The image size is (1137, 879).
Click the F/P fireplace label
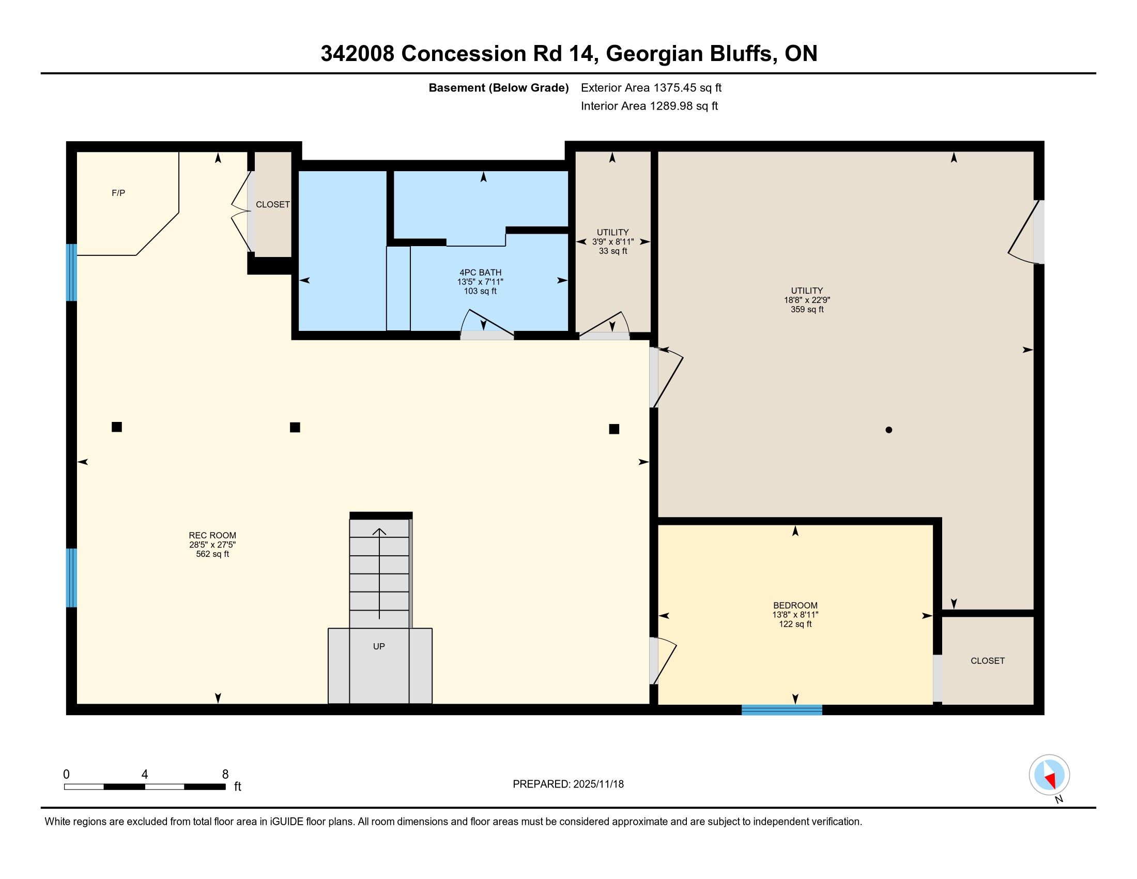pyautogui.click(x=118, y=193)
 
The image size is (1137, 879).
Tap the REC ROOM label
pyautogui.click(x=212, y=535)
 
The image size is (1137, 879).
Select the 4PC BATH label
pyautogui.click(x=481, y=272)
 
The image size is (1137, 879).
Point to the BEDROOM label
pyautogui.click(x=795, y=605)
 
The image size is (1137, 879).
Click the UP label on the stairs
pyautogui.click(x=379, y=646)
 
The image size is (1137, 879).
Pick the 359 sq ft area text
pyautogui.click(x=807, y=309)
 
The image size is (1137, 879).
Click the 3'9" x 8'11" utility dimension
pyautogui.click(x=613, y=241)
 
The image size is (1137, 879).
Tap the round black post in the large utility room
pyautogui.click(x=889, y=430)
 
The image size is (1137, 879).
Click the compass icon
pyautogui.click(x=1049, y=775)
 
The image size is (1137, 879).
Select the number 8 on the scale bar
pyautogui.click(x=225, y=775)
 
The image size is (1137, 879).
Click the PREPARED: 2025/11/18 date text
pyautogui.click(x=568, y=784)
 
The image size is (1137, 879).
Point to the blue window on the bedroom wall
pyautogui.click(x=781, y=710)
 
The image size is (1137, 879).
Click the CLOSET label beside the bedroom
pyautogui.click(x=988, y=661)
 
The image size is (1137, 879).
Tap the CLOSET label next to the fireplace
pyautogui.click(x=273, y=205)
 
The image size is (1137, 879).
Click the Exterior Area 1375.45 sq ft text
pyautogui.click(x=651, y=87)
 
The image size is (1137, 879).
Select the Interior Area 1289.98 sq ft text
pyautogui.click(x=649, y=105)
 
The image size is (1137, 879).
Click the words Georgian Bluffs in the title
pyautogui.click(x=689, y=54)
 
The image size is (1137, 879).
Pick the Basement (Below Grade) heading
pyautogui.click(x=498, y=87)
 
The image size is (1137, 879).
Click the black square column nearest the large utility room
pyautogui.click(x=614, y=429)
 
